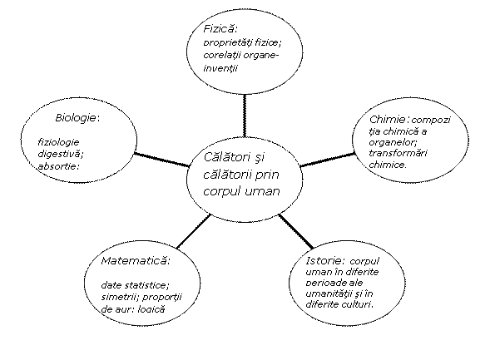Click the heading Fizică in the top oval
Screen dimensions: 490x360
pyautogui.click(x=219, y=29)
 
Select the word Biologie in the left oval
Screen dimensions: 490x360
pyautogui.click(x=76, y=118)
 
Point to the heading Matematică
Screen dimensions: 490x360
pyautogui.click(x=134, y=261)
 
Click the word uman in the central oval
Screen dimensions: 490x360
pyautogui.click(x=262, y=191)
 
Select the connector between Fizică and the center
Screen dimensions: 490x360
pyautogui.click(x=245, y=116)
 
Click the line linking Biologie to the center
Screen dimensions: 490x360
pyautogui.click(x=162, y=160)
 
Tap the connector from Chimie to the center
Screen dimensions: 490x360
pyautogui.click(x=328, y=160)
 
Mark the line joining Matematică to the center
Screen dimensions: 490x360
pyautogui.click(x=194, y=231)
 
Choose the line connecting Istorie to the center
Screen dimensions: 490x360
pyautogui.click(x=296, y=231)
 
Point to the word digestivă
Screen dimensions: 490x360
pyautogui.click(x=60, y=155)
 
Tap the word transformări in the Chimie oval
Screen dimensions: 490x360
pyautogui.click(x=398, y=153)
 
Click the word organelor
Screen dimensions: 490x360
pyautogui.click(x=392, y=142)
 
